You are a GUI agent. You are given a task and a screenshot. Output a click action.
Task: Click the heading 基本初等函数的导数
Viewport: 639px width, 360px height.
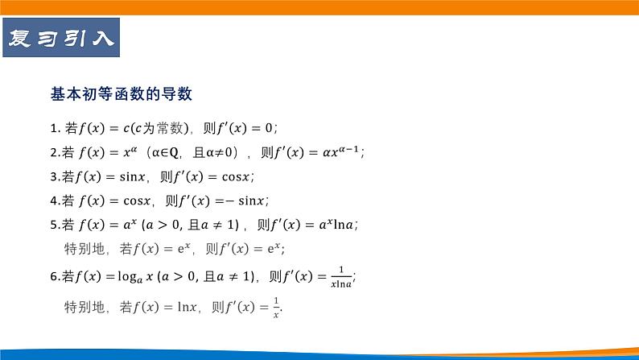(121, 94)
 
